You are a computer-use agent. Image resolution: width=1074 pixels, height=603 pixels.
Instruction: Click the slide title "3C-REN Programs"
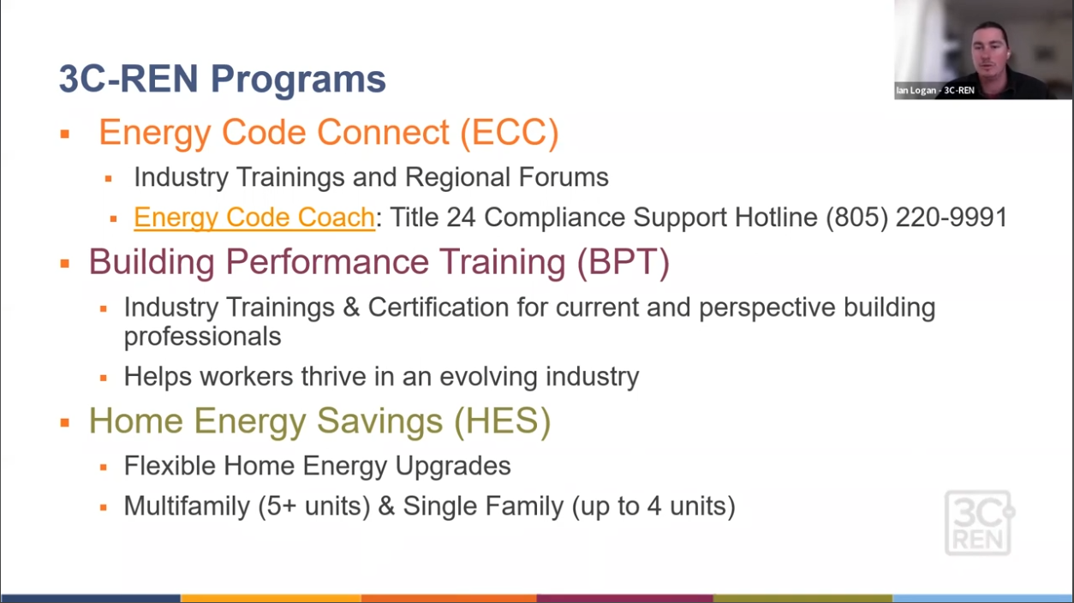[222, 79]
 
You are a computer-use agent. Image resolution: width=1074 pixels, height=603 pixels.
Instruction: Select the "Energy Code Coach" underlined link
[254, 218]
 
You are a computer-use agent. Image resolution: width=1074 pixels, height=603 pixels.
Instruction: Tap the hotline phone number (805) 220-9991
[916, 218]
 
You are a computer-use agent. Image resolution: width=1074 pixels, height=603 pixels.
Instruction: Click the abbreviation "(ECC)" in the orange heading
[509, 133]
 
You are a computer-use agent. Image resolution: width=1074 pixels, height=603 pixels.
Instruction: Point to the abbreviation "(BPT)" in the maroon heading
[623, 262]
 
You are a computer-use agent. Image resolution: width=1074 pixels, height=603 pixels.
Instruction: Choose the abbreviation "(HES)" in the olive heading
[504, 421]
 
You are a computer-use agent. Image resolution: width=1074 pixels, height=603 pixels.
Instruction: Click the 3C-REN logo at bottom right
[979, 522]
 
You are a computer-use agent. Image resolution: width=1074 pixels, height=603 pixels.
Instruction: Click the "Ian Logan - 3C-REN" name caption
[934, 90]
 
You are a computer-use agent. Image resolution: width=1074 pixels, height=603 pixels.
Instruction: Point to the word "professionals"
[202, 337]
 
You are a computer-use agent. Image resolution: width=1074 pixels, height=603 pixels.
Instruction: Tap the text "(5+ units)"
[313, 506]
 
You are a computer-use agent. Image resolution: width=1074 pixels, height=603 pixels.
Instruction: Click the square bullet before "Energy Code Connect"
[64, 134]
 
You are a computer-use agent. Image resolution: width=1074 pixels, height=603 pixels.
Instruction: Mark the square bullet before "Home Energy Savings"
[64, 423]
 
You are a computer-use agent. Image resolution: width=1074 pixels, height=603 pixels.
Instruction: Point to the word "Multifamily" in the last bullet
[187, 506]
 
